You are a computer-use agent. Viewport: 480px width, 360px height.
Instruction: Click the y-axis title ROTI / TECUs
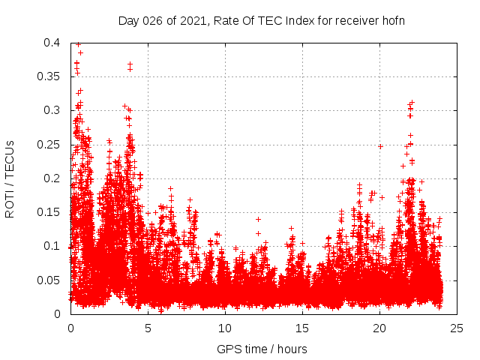click(x=10, y=178)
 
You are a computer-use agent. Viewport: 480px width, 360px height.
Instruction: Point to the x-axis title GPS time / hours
click(x=262, y=349)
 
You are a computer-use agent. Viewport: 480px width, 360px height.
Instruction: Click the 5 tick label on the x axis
click(x=148, y=328)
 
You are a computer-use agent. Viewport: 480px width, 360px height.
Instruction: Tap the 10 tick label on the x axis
click(x=225, y=328)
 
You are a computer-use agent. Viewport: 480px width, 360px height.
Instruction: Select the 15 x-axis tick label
click(x=302, y=328)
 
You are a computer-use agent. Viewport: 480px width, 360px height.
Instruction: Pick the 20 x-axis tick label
click(x=379, y=328)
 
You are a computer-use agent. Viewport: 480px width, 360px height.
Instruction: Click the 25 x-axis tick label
click(x=457, y=328)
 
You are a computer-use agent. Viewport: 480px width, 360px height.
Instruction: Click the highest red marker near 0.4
click(x=78, y=44)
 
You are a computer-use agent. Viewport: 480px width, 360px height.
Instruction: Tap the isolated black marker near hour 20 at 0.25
click(x=380, y=146)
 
